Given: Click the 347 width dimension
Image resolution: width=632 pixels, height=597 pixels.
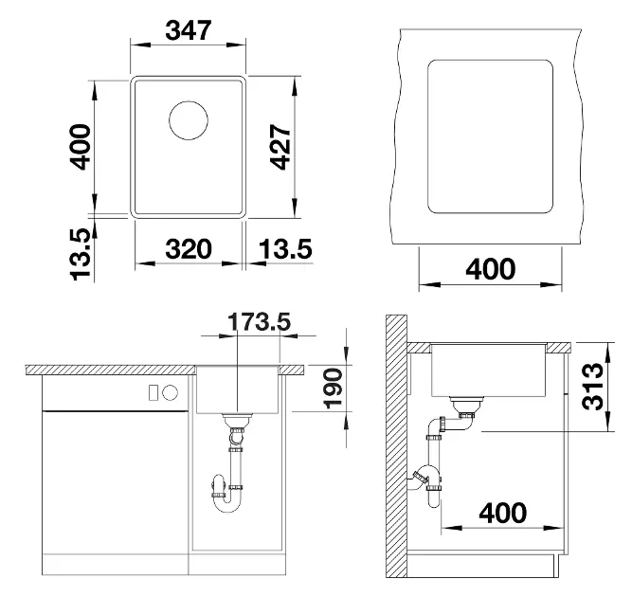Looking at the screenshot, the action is click(189, 30).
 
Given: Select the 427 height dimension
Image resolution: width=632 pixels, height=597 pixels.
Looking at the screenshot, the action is click(280, 147).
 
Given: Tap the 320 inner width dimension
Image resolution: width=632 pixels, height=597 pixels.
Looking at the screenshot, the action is click(189, 249).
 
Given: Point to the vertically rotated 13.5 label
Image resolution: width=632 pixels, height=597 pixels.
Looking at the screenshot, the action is click(81, 254).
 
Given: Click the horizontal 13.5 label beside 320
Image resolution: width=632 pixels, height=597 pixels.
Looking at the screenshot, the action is click(285, 249).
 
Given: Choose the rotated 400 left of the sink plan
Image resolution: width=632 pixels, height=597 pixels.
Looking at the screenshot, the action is click(81, 147).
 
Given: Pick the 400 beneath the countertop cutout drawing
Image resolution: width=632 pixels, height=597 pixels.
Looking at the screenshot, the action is click(491, 269).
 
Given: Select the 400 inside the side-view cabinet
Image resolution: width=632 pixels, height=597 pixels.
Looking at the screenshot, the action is click(503, 513).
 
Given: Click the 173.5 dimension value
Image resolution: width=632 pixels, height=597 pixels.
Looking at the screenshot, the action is click(260, 321).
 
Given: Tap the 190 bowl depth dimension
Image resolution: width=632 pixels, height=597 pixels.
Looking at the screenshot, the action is click(334, 389).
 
